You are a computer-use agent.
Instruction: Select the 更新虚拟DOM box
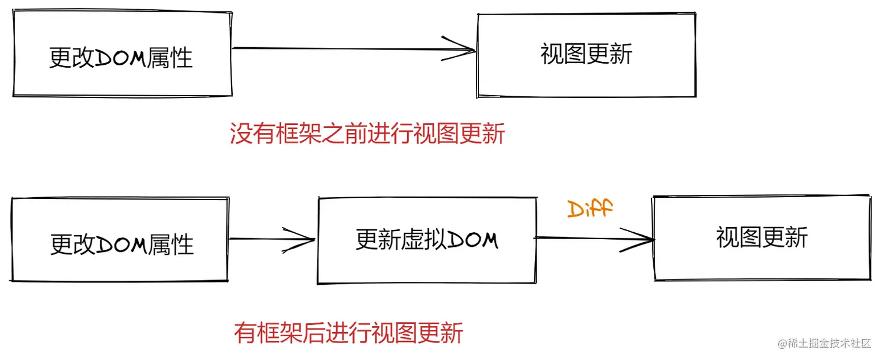point(426,240)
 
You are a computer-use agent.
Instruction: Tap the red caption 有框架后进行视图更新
point(349,333)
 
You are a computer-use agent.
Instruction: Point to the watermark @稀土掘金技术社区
point(824,343)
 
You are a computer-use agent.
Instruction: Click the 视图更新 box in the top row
point(586,55)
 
